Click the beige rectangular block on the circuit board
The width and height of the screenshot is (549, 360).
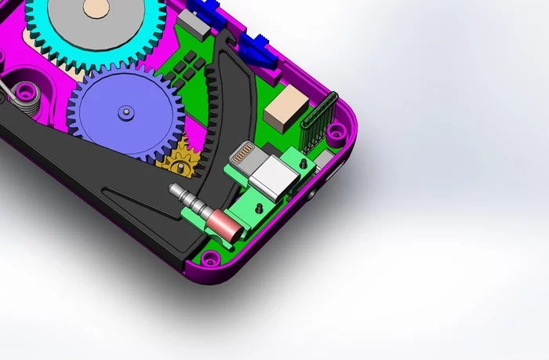287,107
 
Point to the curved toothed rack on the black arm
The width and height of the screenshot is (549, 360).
212,118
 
